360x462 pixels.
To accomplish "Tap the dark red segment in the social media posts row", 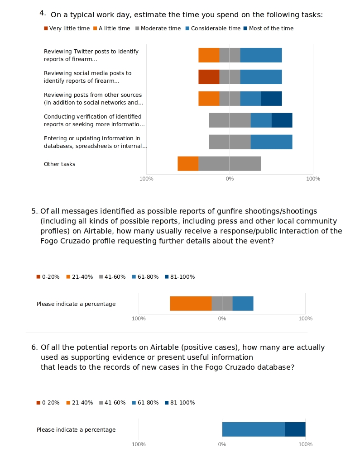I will pyautogui.click(x=209, y=77).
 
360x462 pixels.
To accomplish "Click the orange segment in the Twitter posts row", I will pyautogui.click(x=209, y=55).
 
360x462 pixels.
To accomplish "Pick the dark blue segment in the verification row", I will pyautogui.click(x=282, y=120).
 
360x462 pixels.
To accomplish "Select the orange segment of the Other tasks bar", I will pyautogui.click(x=188, y=164).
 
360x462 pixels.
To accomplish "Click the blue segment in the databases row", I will pyautogui.click(x=271, y=142).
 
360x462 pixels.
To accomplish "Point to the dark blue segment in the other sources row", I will pyautogui.click(x=271, y=99).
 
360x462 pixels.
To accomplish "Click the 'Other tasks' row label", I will pyautogui.click(x=59, y=164).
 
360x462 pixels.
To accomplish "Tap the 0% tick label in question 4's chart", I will pyautogui.click(x=230, y=179).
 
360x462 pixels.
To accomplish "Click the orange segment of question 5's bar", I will pyautogui.click(x=191, y=304).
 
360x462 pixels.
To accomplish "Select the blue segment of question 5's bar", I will pyautogui.click(x=243, y=304).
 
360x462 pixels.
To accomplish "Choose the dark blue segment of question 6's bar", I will pyautogui.click(x=295, y=429).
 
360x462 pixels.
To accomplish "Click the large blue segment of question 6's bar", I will pyautogui.click(x=253, y=429).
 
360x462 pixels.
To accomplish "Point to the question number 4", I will pyautogui.click(x=43, y=13).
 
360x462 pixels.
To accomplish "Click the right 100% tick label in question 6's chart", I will pyautogui.click(x=305, y=444).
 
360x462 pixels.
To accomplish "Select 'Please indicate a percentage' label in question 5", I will pyautogui.click(x=76, y=304).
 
